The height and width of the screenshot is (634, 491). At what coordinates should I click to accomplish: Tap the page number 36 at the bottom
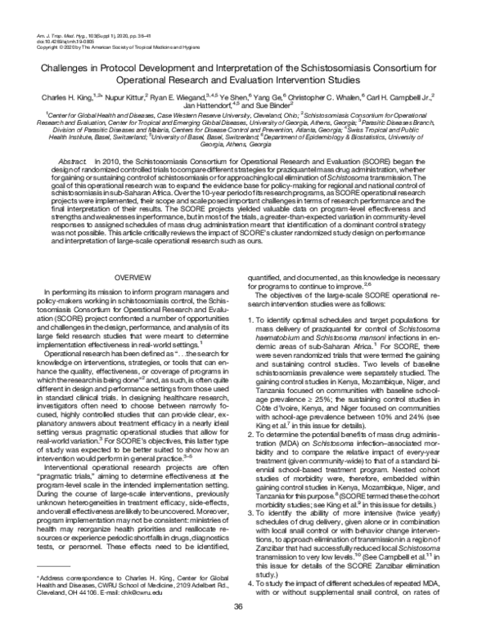pyautogui.click(x=239, y=605)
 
